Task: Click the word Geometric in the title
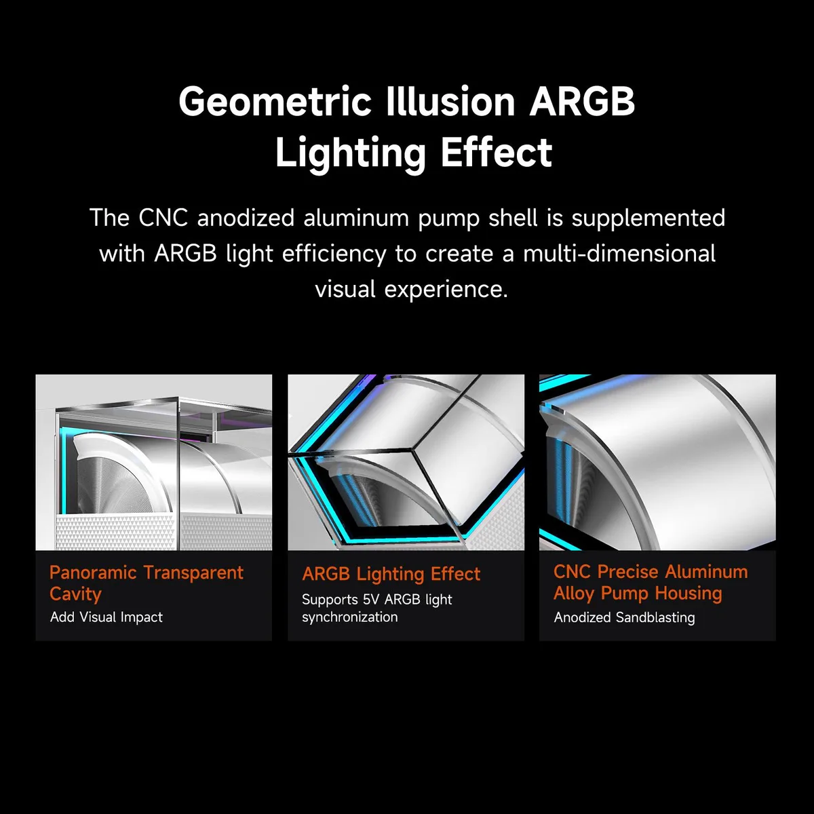275,101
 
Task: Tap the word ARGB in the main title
582,101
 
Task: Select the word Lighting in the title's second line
350,153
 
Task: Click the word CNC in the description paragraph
163,218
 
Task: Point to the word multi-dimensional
619,254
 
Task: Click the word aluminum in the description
356,218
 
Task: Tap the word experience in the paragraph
446,290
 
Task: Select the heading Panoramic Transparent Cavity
146,583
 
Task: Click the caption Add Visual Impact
106,617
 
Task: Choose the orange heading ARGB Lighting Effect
391,574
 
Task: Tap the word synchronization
350,617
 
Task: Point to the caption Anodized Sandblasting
624,617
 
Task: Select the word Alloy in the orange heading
574,594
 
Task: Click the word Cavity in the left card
75,594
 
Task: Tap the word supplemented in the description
648,218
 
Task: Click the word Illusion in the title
450,101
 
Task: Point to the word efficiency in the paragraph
334,254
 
